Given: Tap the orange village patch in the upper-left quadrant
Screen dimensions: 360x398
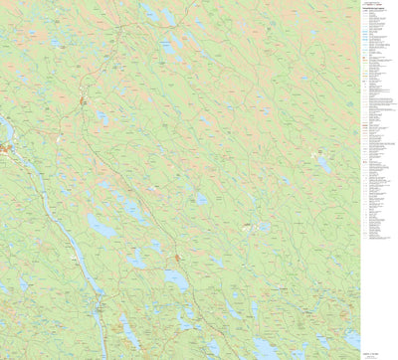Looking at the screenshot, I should click(x=84, y=99).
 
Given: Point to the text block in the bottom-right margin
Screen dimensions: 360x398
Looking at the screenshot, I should click(x=374, y=347).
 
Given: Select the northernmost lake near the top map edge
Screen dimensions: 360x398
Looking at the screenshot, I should click(x=149, y=13).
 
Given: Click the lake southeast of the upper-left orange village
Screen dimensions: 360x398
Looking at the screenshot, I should click(x=102, y=118).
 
